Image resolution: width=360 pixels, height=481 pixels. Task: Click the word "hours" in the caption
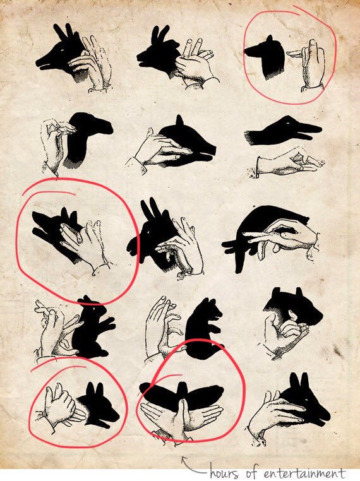tap(225, 473)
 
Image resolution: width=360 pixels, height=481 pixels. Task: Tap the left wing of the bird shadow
tap(158, 394)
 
